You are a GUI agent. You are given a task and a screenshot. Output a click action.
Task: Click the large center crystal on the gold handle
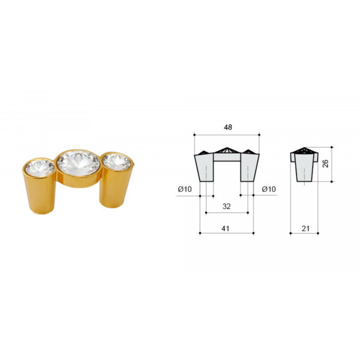click(x=78, y=163)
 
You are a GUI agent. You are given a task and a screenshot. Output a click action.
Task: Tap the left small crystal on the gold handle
click(x=40, y=168)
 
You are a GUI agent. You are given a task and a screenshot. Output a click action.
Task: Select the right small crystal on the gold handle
click(x=116, y=161)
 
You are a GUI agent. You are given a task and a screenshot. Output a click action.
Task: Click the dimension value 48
click(x=228, y=127)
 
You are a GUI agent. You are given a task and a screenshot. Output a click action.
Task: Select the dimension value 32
click(x=226, y=206)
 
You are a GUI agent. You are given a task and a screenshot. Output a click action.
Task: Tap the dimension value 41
click(x=225, y=229)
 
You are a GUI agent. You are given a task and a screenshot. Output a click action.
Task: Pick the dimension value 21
click(x=305, y=229)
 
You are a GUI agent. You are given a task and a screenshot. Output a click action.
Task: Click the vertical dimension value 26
click(x=325, y=163)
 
